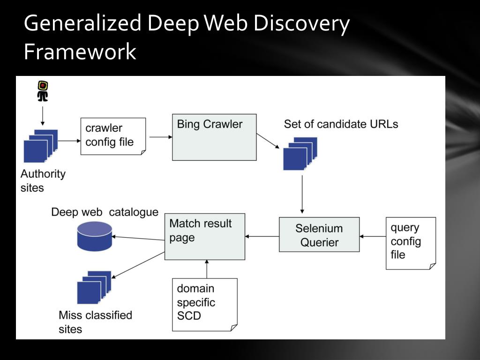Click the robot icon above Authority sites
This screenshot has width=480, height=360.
tap(43, 91)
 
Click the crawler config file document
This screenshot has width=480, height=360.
tap(113, 135)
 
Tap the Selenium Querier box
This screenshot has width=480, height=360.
tap(319, 234)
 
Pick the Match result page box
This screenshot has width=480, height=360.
tap(204, 236)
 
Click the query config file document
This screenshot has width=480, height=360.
tap(411, 243)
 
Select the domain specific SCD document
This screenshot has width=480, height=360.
tap(204, 304)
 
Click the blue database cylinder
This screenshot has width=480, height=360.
tap(94, 236)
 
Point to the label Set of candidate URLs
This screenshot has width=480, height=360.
tap(341, 124)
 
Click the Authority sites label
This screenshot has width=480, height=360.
tap(43, 180)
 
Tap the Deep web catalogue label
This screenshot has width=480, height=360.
tap(105, 212)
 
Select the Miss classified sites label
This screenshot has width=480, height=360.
tap(95, 322)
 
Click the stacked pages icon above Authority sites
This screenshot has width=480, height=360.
tap(41, 146)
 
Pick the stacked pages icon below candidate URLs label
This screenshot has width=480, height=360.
tap(300, 153)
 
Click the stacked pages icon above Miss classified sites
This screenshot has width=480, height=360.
tap(94, 287)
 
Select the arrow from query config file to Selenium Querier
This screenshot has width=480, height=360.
tap(373, 237)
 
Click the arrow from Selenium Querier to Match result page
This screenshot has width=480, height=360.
tap(262, 237)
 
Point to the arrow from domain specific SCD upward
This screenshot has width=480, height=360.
tap(207, 269)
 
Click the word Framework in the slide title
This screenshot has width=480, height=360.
tap(80, 51)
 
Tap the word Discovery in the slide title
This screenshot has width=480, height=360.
tap(301, 23)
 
